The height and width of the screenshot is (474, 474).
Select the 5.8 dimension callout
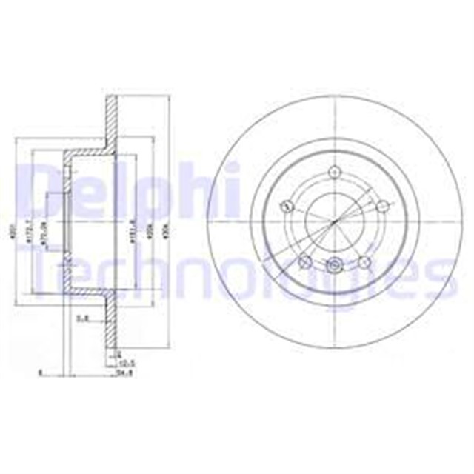(x=84, y=319)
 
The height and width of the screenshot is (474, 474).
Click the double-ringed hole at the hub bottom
(x=334, y=264)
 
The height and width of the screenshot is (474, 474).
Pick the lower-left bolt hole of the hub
(x=304, y=261)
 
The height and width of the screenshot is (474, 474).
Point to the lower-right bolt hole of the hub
(x=363, y=261)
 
